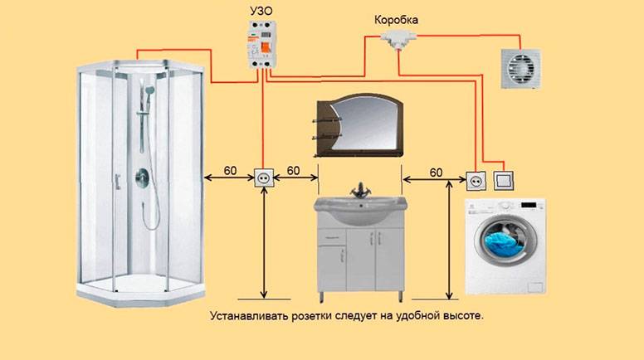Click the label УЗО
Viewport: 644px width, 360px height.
tap(261, 11)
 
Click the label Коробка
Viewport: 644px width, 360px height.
tap(397, 20)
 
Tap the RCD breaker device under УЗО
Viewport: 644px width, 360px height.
tap(261, 44)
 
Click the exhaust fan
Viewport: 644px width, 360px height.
tap(520, 69)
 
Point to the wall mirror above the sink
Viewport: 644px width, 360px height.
tap(359, 125)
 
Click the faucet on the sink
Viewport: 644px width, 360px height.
tap(361, 191)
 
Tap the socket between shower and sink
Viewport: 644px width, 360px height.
tap(264, 178)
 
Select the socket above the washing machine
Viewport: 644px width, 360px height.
tap(476, 181)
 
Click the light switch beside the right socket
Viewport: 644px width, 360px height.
tap(505, 181)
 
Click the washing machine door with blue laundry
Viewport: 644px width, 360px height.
tap(505, 240)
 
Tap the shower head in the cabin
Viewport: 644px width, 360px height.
tap(149, 89)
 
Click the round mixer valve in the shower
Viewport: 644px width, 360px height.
tap(143, 178)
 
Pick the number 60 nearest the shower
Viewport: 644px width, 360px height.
tap(231, 170)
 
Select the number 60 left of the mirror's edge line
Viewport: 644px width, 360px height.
tap(293, 170)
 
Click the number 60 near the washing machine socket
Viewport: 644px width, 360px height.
tap(437, 173)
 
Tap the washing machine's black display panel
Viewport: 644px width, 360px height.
tap(529, 204)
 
